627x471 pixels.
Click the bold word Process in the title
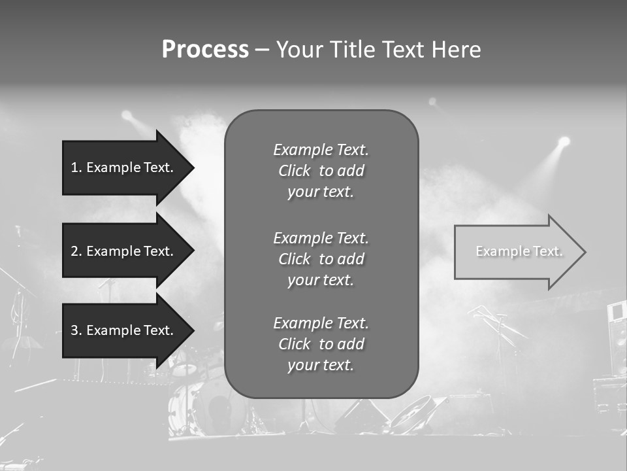(205, 50)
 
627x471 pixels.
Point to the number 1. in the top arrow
(76, 167)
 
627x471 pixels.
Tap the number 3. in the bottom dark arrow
(76, 330)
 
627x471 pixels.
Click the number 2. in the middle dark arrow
(76, 251)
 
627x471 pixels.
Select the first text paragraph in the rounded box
(321, 171)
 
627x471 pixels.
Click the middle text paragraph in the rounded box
(321, 258)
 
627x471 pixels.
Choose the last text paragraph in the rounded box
(321, 344)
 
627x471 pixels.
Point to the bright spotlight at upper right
(564, 141)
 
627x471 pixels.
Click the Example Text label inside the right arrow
(519, 251)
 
